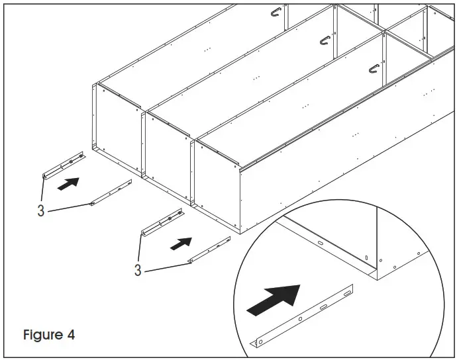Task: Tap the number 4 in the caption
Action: pyautogui.click(x=70, y=335)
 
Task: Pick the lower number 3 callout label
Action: pyautogui.click(x=138, y=270)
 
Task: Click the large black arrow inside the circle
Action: pyautogui.click(x=272, y=300)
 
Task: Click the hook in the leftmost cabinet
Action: pyautogui.click(x=277, y=11)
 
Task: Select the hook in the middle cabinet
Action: pyautogui.click(x=325, y=40)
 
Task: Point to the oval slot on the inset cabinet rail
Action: pyautogui.click(x=321, y=244)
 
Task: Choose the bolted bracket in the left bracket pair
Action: pyautogui.click(x=64, y=164)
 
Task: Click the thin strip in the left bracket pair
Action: pyautogui.click(x=111, y=193)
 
